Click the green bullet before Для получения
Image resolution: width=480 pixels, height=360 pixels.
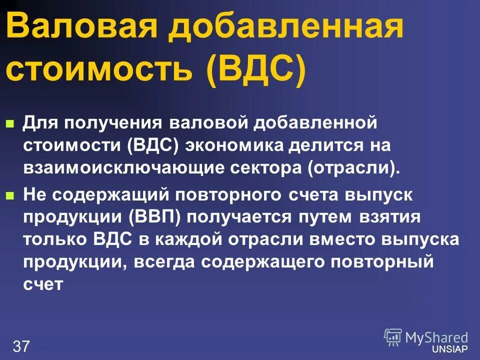[9, 123]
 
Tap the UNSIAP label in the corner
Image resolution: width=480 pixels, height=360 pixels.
[453, 348]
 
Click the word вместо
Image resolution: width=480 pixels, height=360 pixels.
[343, 240]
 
